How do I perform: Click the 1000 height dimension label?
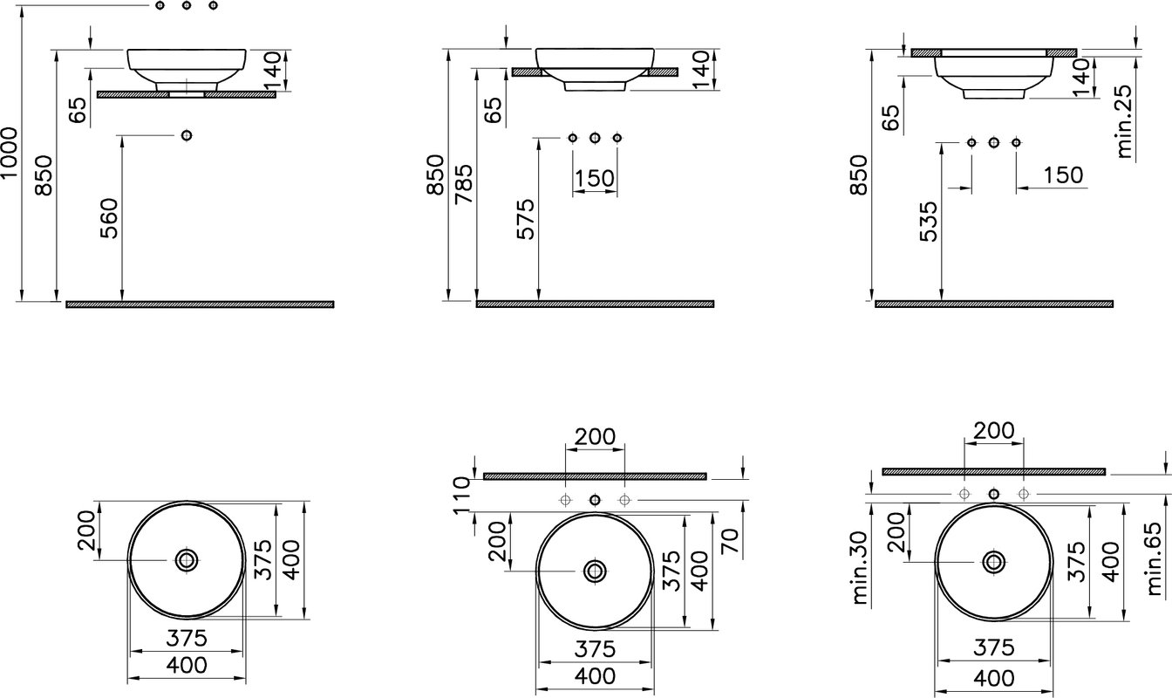click(10, 153)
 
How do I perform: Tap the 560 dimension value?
click(109, 218)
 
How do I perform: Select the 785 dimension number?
click(464, 184)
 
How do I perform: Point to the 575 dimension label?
click(525, 219)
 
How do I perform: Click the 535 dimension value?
click(929, 222)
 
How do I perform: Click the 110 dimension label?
click(462, 496)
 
